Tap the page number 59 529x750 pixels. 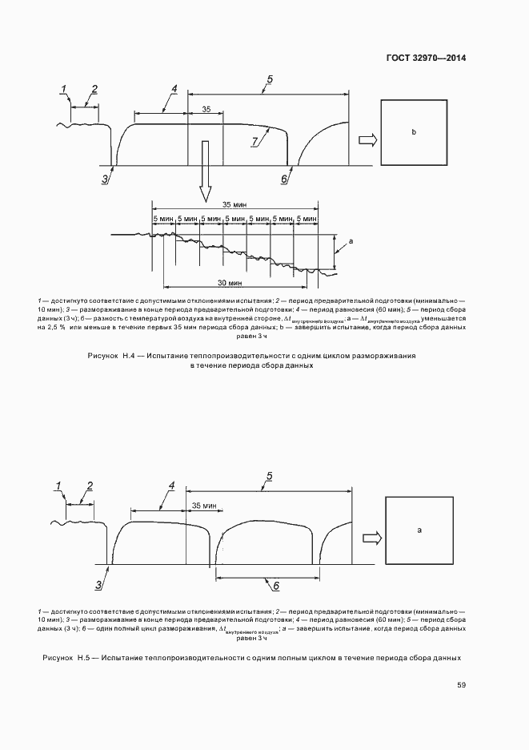tap(461, 685)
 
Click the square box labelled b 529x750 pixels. tap(413, 131)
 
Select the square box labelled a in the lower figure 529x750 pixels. tap(419, 530)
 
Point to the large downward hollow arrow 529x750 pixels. tap(206, 171)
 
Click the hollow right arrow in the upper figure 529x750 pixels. tap(367, 140)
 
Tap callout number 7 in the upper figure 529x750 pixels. tap(254, 141)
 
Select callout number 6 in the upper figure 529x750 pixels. tap(283, 179)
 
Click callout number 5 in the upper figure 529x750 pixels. tap(270, 79)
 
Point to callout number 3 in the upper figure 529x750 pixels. tap(104, 179)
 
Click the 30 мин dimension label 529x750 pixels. tap(230, 282)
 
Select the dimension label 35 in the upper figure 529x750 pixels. tap(206, 109)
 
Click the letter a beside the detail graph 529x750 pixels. tap(351, 241)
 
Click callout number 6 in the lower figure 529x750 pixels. tap(276, 586)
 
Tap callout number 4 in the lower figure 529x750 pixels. tap(170, 486)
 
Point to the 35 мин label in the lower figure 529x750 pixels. tap(205, 506)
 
